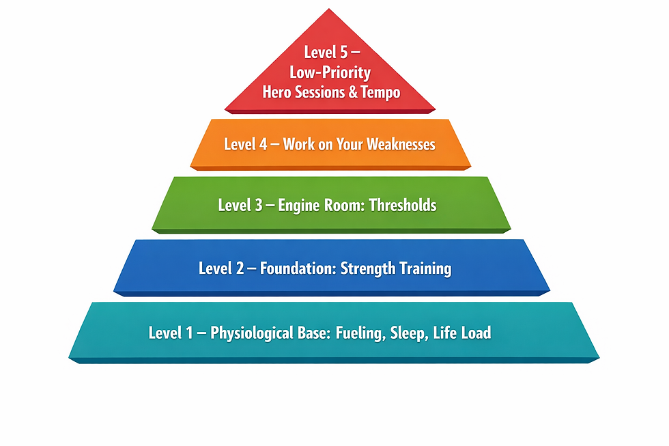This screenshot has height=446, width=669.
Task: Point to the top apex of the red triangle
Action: [x=330, y=10]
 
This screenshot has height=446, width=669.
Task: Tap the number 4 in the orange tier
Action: [x=263, y=145]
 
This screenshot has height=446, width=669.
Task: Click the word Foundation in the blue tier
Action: [x=299, y=268]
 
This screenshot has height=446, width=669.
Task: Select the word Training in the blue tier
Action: [x=424, y=268]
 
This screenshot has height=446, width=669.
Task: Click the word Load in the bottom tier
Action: [x=476, y=333]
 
